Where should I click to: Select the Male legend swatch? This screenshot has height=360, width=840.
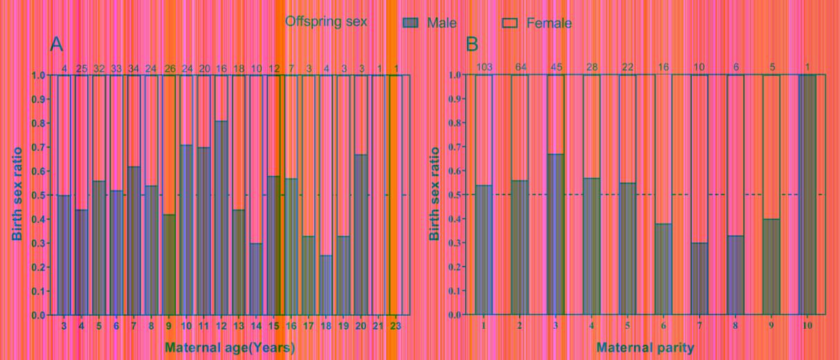410,23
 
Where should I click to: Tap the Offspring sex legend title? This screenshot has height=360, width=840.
326,21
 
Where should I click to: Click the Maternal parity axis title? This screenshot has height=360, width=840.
645,348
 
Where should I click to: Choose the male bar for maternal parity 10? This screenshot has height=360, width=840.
807,195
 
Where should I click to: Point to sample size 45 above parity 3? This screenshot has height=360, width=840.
556,66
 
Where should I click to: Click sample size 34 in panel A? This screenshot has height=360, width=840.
134,69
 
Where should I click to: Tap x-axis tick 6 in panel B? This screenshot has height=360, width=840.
664,325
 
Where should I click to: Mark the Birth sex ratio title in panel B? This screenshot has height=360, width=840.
435,194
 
